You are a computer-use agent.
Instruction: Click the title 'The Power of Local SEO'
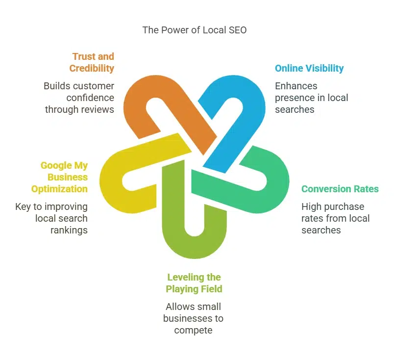[x=195, y=30]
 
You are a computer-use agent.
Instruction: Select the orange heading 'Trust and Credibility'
[x=92, y=62]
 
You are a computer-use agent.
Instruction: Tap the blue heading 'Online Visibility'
[x=309, y=68]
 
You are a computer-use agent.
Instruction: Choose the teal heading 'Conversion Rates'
[x=340, y=189]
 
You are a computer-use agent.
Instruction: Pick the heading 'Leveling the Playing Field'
[x=194, y=283]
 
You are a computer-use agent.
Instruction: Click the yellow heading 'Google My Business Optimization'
[x=59, y=177]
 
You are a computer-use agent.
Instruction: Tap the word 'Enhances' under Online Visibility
[x=296, y=86]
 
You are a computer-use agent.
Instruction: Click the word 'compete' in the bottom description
[x=193, y=331]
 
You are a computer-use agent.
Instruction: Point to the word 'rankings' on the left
[x=69, y=231]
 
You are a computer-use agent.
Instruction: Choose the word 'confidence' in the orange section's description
[x=90, y=98]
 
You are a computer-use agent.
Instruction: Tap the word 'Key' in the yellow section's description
[x=23, y=207]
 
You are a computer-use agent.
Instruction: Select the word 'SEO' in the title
[x=238, y=30]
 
